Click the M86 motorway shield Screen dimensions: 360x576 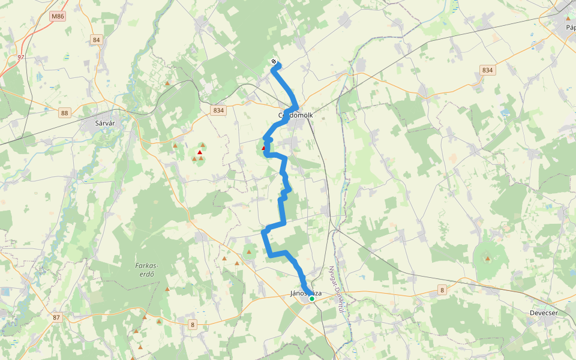pos(58,16)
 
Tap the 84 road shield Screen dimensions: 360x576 pos(96,40)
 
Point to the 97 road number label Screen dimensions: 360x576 pos(21,57)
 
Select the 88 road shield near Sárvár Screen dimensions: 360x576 pos(65,113)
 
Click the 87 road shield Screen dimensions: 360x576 pos(57,317)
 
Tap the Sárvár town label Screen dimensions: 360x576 pos(105,124)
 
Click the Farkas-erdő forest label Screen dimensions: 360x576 pos(147,270)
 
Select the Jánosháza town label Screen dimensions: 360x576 pos(305,293)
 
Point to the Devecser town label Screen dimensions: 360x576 pos(544,313)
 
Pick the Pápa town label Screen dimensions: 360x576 pos(570,28)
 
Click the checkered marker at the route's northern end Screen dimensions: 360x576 pos(274,61)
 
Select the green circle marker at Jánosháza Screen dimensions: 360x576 pos(312,298)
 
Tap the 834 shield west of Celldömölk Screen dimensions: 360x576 pos(218,110)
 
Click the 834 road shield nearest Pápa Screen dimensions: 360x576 pos(487,70)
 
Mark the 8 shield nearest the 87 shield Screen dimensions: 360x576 pos(193,325)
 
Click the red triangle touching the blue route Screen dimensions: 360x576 pos(263,147)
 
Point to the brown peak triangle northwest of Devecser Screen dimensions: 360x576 pos(487,259)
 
